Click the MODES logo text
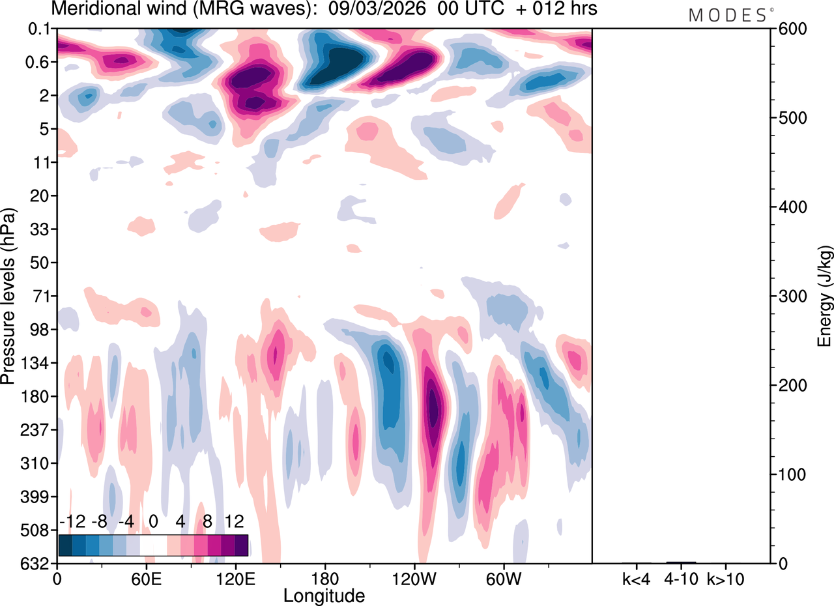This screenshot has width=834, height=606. [728, 15]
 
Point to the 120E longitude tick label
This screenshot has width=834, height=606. [235, 578]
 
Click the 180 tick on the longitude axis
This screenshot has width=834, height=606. [324, 578]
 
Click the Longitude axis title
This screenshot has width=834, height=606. [324, 594]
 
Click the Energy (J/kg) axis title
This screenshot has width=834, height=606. [824, 296]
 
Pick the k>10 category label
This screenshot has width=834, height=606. [725, 578]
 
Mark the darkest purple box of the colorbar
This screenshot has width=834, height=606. [241, 545]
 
